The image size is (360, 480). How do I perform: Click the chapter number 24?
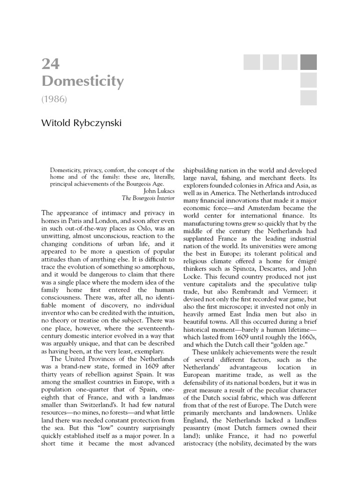click(51, 64)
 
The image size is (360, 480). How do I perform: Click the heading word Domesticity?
click(82, 82)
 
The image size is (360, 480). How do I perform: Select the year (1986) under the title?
click(56, 99)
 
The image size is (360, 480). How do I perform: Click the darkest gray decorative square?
click(308, 62)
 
